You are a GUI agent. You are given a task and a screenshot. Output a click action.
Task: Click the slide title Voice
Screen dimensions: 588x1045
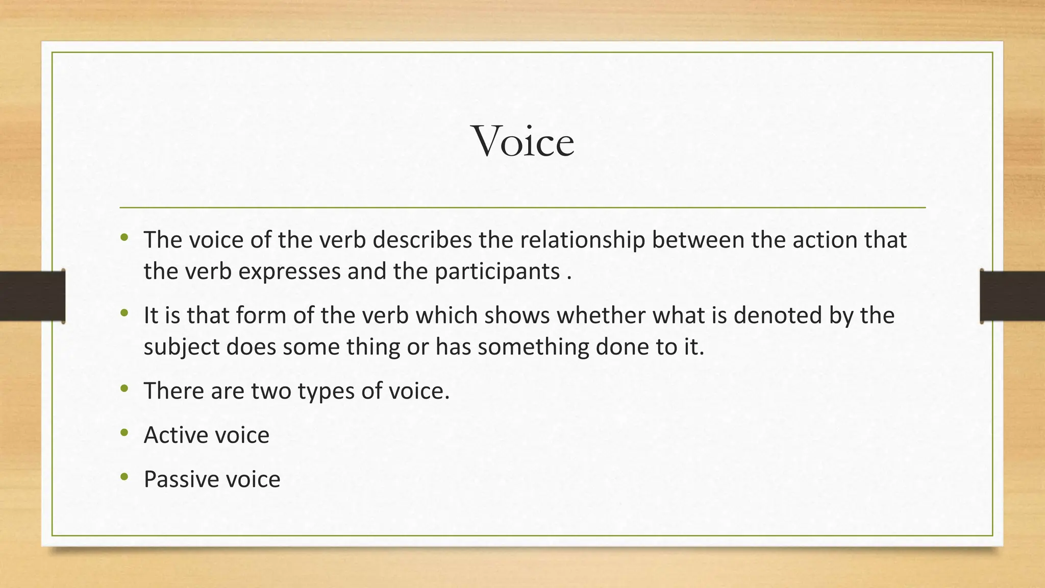click(524, 141)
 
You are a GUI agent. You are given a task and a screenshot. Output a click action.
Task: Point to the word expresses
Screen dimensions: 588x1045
click(289, 272)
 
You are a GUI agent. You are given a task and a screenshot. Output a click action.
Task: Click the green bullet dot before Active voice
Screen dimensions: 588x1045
click(124, 433)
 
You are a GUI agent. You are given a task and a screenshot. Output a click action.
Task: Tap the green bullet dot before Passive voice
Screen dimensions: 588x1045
click(124, 478)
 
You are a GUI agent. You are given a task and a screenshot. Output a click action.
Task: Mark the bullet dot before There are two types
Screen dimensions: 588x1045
click(124, 389)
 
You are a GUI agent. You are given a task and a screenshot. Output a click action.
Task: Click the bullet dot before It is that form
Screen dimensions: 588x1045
click(124, 313)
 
